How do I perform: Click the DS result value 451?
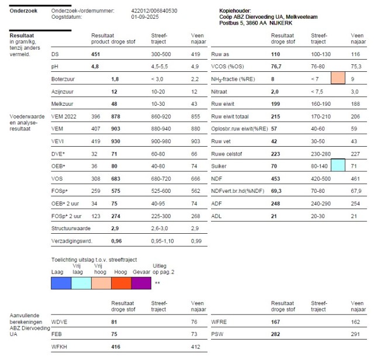coord(96,54)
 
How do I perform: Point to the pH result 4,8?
coord(95,67)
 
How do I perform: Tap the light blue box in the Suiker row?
coord(338,165)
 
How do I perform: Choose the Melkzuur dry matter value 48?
coord(115,103)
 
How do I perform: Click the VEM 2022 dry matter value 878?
coord(116,116)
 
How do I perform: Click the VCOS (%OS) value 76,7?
coord(276,67)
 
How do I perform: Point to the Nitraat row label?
coord(220,91)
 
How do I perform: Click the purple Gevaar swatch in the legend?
coord(141,283)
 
